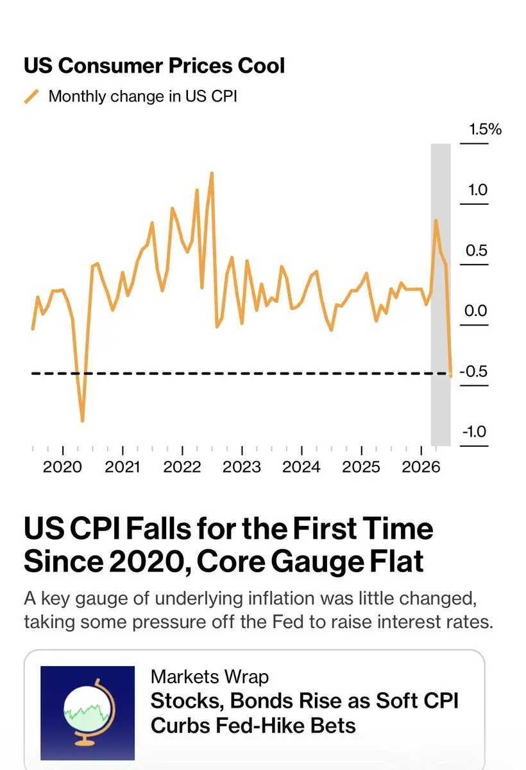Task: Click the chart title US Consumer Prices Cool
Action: (154, 66)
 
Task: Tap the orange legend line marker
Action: (31, 96)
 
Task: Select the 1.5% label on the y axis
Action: (486, 129)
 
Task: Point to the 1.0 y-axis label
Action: (477, 189)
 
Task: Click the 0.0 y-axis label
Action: (476, 310)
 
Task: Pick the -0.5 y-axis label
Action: (474, 371)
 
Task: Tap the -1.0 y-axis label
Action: (474, 432)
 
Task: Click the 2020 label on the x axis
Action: (62, 466)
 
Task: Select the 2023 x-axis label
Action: (241, 466)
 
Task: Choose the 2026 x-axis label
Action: (421, 466)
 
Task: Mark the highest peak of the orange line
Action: (212, 173)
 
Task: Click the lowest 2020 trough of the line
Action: (83, 421)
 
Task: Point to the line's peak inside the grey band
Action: (436, 220)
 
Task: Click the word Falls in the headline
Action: (158, 529)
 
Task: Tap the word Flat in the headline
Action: (396, 561)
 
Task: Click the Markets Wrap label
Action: (210, 677)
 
